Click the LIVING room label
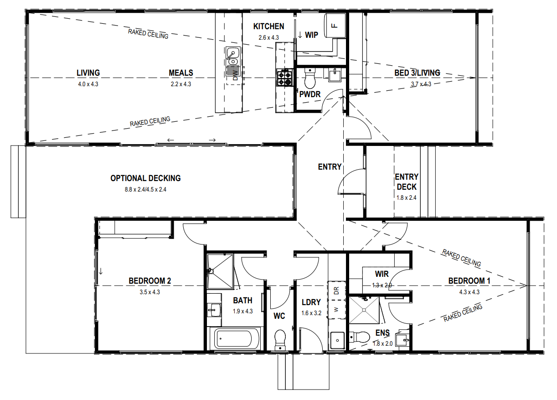click(x=88, y=73)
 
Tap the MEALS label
click(x=181, y=73)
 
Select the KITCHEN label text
click(x=268, y=26)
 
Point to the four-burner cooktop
click(x=284, y=78)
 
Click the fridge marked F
click(x=335, y=26)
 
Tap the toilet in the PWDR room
click(x=310, y=78)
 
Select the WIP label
click(x=311, y=35)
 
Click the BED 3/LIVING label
click(x=417, y=73)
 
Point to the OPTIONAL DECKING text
click(x=145, y=178)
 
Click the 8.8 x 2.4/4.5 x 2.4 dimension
click(x=145, y=190)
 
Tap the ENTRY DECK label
click(x=407, y=182)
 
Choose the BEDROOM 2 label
click(x=150, y=281)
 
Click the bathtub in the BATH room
click(x=234, y=338)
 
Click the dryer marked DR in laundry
click(x=336, y=291)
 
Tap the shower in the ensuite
click(x=364, y=310)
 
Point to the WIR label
click(x=382, y=274)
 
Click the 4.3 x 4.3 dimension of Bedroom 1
click(x=469, y=292)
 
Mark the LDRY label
click(x=311, y=302)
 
